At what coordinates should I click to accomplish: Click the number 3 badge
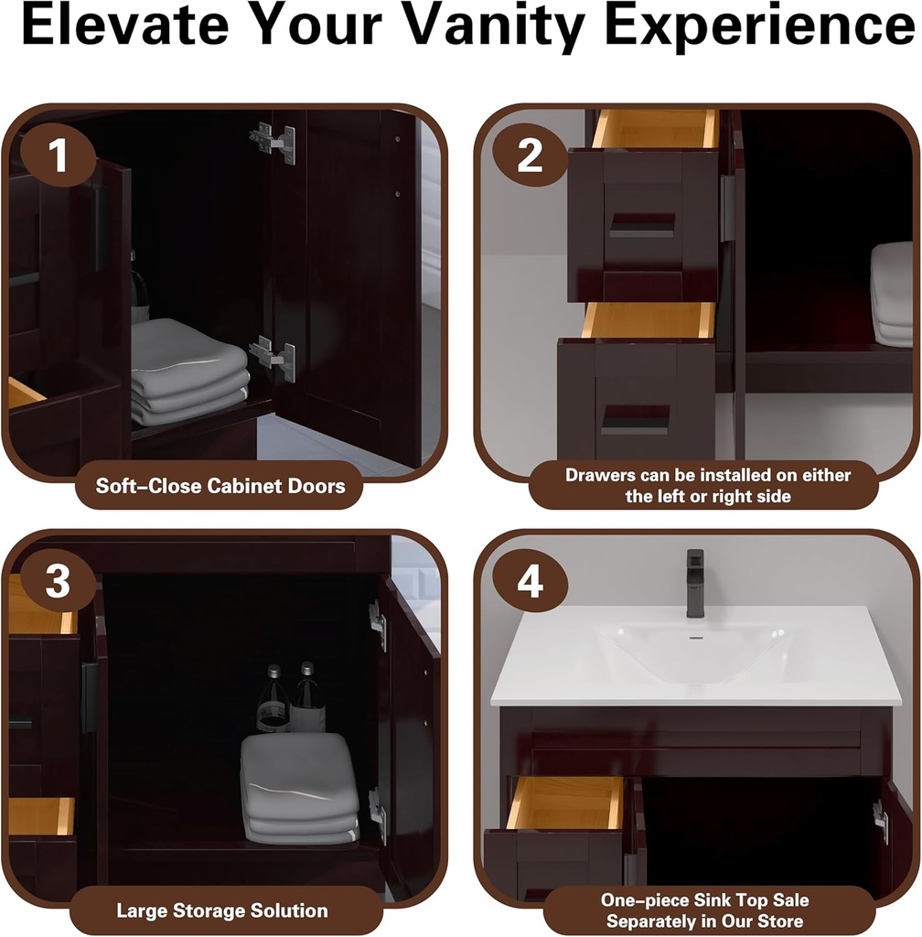(57, 581)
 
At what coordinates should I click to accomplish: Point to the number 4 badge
(530, 581)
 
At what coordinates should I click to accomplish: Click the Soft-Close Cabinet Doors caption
(220, 485)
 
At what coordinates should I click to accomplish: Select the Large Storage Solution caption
(221, 910)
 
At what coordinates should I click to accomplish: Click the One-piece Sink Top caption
(704, 910)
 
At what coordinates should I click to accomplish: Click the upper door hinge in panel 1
(274, 142)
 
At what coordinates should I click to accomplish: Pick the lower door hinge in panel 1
(273, 356)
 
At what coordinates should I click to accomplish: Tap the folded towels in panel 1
(188, 372)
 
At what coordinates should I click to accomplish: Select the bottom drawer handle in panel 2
(635, 419)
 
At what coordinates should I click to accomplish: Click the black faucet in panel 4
(695, 582)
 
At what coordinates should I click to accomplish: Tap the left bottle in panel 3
(272, 701)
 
